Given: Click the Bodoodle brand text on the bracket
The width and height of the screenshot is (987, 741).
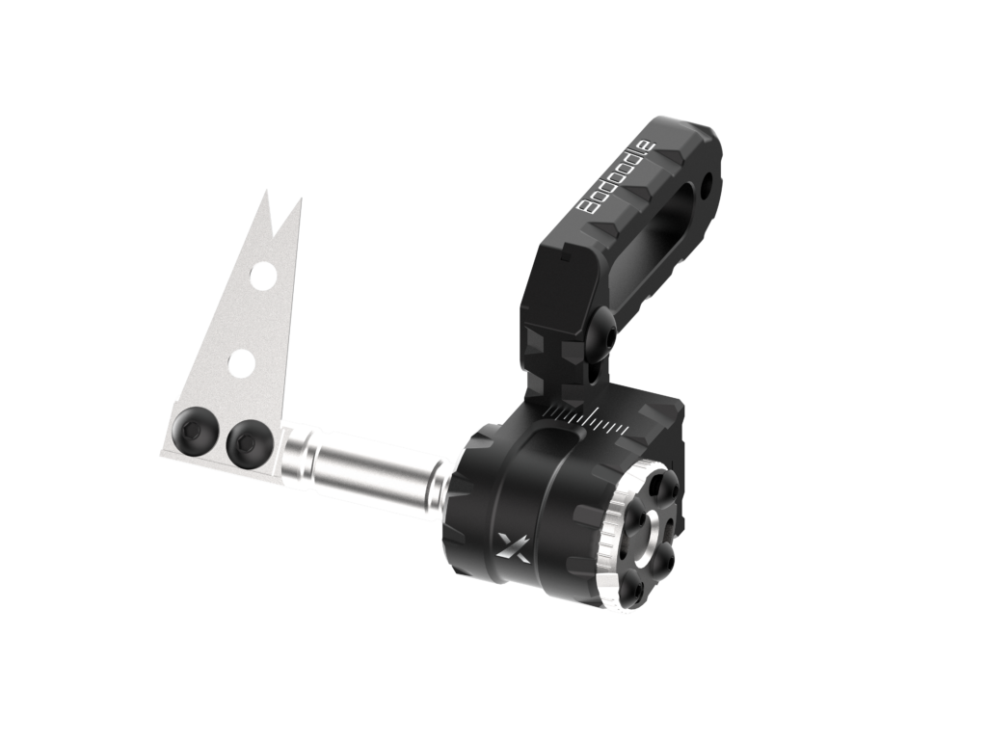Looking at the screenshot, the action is (618, 178).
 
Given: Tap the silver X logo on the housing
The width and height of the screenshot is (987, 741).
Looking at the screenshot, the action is (513, 546).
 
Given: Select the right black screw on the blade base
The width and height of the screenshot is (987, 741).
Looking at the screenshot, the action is (249, 443).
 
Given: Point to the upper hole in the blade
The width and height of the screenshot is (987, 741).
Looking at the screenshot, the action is (263, 277).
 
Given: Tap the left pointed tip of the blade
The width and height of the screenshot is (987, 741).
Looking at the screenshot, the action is (266, 192).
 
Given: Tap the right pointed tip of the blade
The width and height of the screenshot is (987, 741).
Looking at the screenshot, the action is (300, 200).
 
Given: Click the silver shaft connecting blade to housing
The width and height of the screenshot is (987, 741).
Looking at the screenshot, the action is (365, 467).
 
